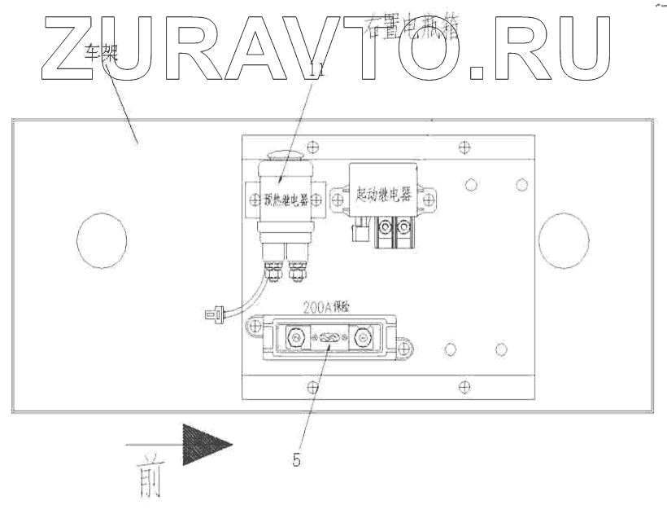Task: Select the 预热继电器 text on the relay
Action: (281, 199)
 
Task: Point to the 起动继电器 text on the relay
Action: (383, 196)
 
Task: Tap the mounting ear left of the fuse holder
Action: (255, 328)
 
